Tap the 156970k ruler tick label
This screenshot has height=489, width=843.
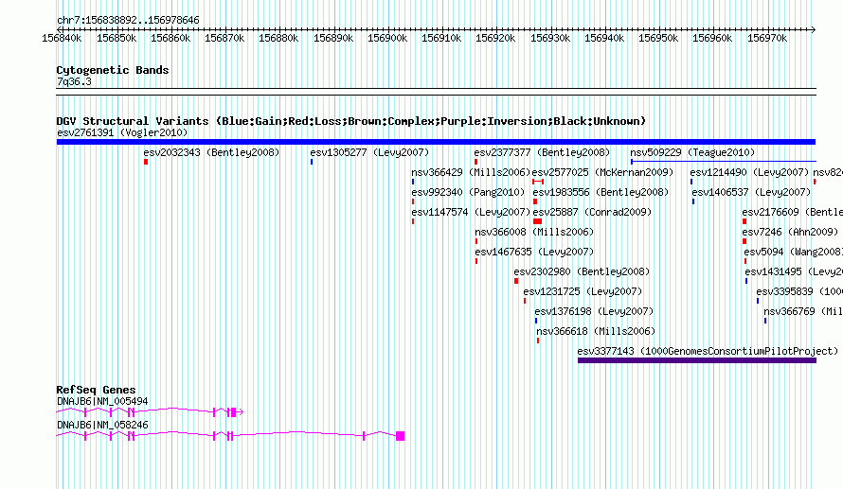click(x=766, y=38)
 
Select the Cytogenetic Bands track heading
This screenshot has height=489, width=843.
click(x=113, y=70)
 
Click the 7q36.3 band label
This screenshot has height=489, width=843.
click(x=74, y=81)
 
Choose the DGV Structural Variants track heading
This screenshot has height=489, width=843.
click(x=350, y=121)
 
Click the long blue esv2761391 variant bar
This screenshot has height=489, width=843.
click(x=436, y=142)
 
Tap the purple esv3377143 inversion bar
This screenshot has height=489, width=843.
click(x=696, y=360)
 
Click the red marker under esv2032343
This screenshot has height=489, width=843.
click(x=146, y=162)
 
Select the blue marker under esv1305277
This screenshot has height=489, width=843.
click(x=312, y=162)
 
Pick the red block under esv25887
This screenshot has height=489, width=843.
click(x=537, y=221)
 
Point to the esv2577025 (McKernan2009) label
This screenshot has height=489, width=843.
click(x=602, y=172)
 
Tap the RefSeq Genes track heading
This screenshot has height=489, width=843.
click(x=96, y=390)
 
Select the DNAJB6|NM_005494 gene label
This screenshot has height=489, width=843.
click(x=102, y=401)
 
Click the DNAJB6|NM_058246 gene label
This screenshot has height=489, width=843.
click(x=102, y=425)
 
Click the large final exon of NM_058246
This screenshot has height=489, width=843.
click(x=401, y=436)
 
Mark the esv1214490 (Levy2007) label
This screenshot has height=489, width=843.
click(x=749, y=172)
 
